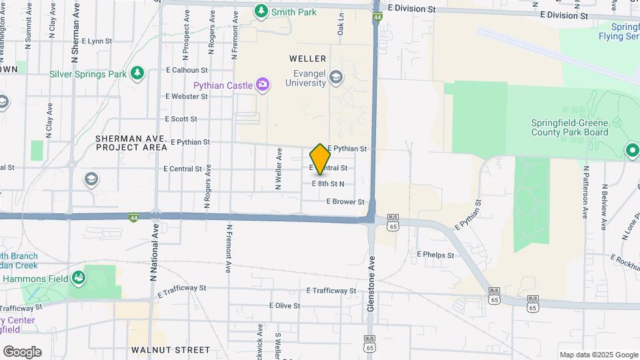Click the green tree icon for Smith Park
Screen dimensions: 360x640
(x=261, y=11)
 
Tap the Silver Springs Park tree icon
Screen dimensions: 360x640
(x=137, y=73)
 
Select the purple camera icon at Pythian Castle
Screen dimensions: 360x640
(x=263, y=85)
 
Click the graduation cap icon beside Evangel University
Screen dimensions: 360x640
(x=336, y=78)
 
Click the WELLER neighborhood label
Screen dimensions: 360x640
(x=307, y=59)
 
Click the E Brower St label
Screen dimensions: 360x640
(x=346, y=201)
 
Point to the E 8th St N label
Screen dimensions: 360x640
(x=328, y=183)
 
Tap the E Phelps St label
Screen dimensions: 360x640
(x=435, y=255)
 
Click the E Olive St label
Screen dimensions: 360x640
(x=285, y=305)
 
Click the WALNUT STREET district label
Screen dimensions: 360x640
(x=171, y=349)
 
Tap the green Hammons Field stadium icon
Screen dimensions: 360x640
(x=79, y=277)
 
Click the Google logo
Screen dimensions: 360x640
(x=22, y=352)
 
